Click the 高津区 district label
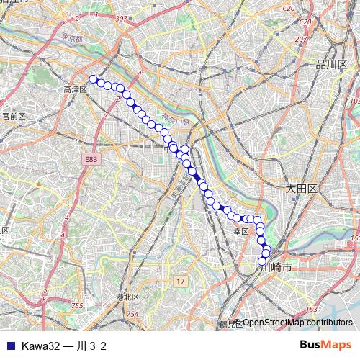(74, 89)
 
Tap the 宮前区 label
(14, 115)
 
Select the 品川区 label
(331, 65)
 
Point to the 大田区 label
(301, 188)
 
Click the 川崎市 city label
(277, 266)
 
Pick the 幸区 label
(240, 231)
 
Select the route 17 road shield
(180, 280)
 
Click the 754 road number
(132, 315)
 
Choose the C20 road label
(289, 8)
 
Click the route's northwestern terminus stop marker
(93, 79)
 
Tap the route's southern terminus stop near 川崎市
(263, 261)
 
